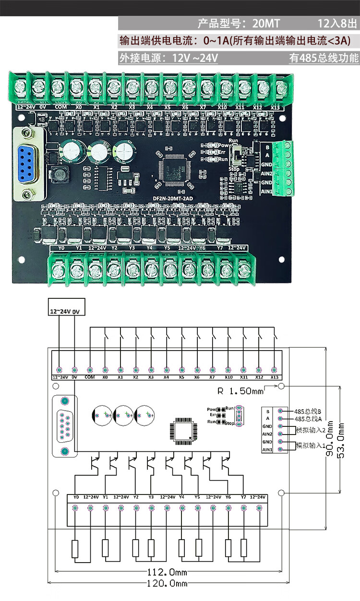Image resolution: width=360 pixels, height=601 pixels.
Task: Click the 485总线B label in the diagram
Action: (308, 411)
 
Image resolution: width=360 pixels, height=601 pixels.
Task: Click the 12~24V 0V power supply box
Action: (66, 311)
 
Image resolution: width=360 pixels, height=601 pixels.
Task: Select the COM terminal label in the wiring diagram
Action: (90, 377)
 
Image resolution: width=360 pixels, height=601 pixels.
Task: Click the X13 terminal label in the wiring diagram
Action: (274, 377)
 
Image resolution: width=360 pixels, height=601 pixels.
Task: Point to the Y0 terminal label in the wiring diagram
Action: (76, 497)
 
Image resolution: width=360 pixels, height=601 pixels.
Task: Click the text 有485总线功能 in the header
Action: (324, 58)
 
